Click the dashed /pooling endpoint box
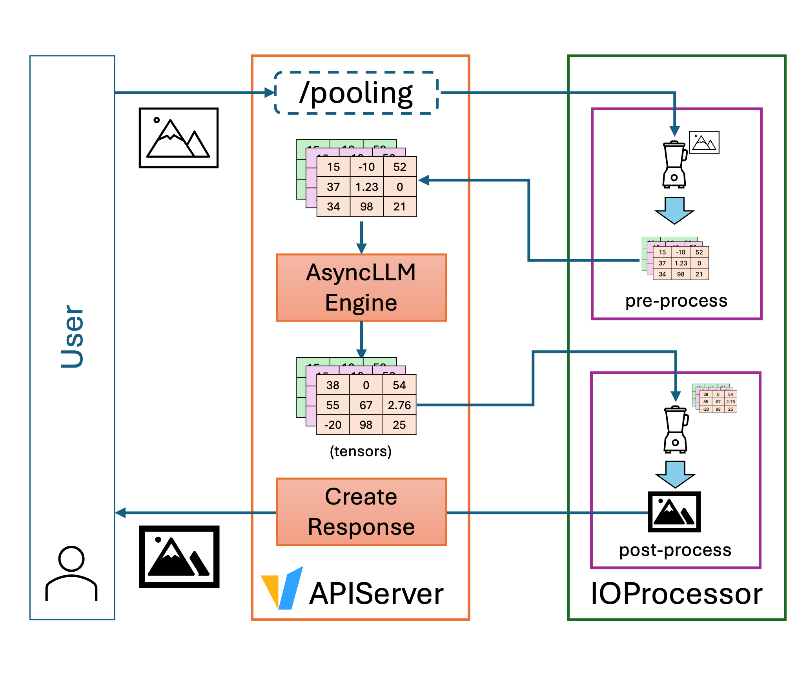(356, 93)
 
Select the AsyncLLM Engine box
(361, 287)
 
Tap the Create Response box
(361, 512)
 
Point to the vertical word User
(72, 336)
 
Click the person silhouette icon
(71, 573)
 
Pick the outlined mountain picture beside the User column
(179, 138)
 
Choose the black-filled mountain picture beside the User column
(179, 557)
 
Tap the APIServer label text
(376, 594)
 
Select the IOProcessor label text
(676, 594)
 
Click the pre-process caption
(676, 301)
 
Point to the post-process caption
(675, 550)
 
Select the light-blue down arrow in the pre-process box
(674, 210)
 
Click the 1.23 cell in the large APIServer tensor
(366, 187)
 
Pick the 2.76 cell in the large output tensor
(399, 405)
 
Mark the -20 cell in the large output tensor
(333, 425)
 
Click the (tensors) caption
(361, 452)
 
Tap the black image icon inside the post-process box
(674, 512)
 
